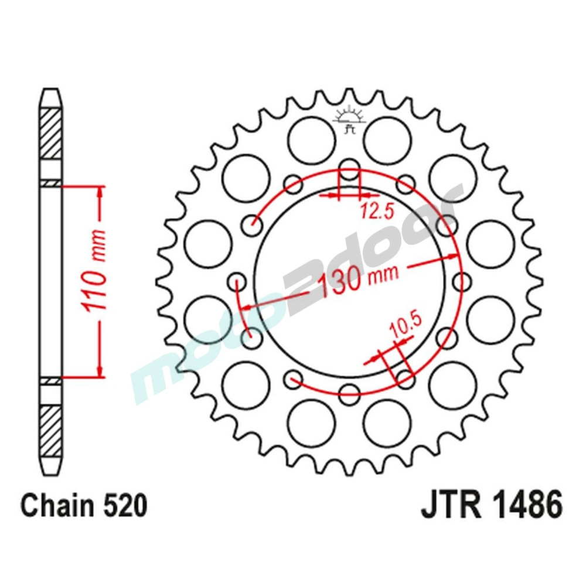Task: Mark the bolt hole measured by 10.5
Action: pos(405,376)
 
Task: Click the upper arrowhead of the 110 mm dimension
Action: pos(101,193)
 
